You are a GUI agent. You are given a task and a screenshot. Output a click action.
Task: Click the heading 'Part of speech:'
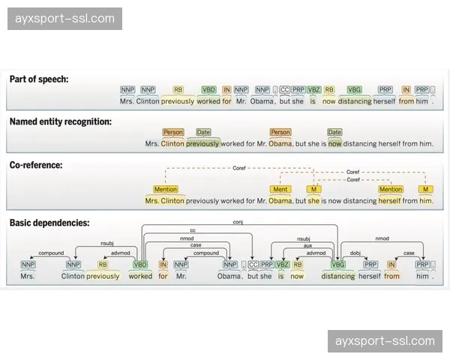click(x=39, y=79)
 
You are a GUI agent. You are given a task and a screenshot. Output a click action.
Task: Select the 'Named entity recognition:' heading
click(x=61, y=121)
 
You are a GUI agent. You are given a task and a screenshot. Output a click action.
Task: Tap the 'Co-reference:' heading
click(x=36, y=164)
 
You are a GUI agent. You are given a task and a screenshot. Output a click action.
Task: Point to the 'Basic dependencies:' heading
click(x=49, y=223)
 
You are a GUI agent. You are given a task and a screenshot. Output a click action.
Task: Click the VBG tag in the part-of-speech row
click(x=354, y=90)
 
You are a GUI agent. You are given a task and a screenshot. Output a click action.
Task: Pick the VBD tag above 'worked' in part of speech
click(x=209, y=90)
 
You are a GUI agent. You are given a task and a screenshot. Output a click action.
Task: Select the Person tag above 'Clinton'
click(x=172, y=132)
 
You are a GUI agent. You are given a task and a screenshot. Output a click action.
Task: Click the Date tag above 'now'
click(x=334, y=132)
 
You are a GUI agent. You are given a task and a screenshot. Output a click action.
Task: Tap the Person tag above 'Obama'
click(x=280, y=132)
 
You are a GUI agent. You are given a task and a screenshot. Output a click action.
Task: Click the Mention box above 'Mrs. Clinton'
click(x=166, y=190)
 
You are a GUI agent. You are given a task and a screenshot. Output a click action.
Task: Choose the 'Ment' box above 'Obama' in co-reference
click(x=280, y=190)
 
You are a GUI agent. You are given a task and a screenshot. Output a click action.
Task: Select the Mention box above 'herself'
click(x=390, y=190)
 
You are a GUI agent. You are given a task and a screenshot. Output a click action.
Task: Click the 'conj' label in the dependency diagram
click(x=238, y=223)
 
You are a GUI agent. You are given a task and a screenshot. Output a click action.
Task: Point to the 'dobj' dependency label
click(x=355, y=253)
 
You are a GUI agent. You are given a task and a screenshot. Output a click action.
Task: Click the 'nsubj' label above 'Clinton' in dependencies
click(x=107, y=244)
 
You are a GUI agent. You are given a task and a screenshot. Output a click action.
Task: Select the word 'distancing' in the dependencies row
click(x=337, y=276)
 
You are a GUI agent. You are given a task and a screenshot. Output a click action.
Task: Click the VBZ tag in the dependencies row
click(x=282, y=265)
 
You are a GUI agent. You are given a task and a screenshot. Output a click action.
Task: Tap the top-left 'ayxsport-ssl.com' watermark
click(x=65, y=19)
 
